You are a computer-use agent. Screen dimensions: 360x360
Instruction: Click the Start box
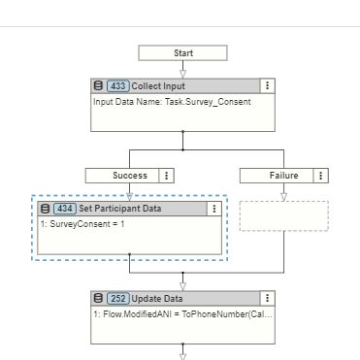(182, 52)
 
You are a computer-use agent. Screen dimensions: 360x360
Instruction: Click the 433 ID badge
(117, 86)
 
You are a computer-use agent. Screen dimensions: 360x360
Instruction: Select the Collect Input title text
(158, 86)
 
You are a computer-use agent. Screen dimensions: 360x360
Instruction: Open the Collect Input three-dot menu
(267, 86)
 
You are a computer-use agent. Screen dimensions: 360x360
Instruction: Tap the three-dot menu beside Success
(167, 176)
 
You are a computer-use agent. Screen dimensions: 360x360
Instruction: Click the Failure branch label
(277, 176)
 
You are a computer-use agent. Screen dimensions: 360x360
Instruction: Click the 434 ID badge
(66, 209)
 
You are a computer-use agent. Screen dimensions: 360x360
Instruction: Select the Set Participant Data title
(120, 209)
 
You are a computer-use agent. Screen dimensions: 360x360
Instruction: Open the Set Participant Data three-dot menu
(214, 209)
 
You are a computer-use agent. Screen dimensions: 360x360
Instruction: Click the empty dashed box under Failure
(283, 215)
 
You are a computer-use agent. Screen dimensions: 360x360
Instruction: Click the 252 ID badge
(117, 298)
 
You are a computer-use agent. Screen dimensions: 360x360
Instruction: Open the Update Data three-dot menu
(267, 298)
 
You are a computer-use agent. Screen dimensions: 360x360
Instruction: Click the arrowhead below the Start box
(182, 72)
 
